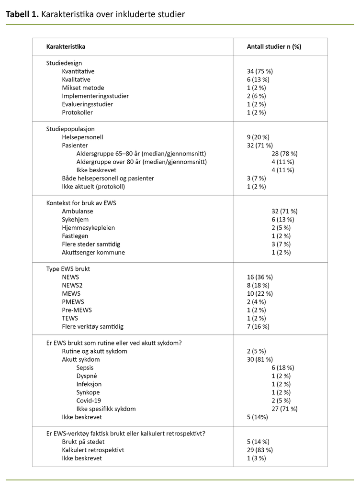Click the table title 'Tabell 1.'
click(22, 14)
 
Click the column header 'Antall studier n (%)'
click(274, 46)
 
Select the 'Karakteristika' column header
click(66, 46)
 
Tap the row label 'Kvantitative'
click(78, 71)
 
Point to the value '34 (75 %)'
click(259, 71)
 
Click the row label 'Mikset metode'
click(83, 88)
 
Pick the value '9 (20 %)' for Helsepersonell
click(258, 137)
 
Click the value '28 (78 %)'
click(284, 154)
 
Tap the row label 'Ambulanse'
click(78, 211)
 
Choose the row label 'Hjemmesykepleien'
click(88, 227)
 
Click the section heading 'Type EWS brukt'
click(68, 269)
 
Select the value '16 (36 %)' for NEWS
click(259, 277)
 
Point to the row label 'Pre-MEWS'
click(77, 310)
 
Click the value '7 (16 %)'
click(258, 326)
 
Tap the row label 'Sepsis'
click(85, 367)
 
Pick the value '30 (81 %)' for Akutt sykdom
click(259, 359)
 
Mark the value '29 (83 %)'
click(259, 450)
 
